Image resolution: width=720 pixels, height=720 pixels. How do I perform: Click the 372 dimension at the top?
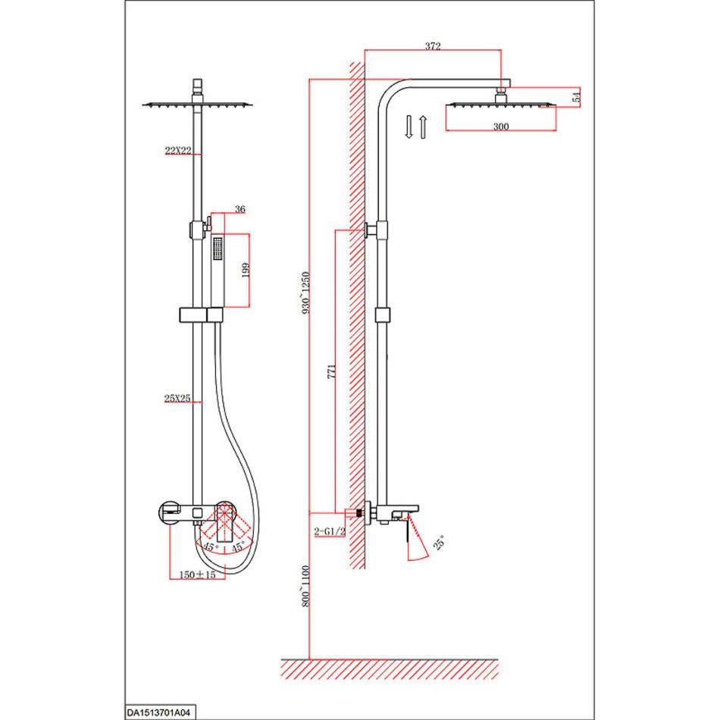[433, 46]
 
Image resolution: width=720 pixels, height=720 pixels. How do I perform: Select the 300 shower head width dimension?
[501, 127]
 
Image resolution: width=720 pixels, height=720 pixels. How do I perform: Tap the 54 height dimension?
[577, 96]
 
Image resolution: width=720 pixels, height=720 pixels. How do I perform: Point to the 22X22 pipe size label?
[178, 150]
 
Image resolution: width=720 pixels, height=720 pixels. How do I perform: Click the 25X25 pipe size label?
[177, 398]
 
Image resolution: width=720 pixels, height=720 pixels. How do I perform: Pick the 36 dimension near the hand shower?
[239, 209]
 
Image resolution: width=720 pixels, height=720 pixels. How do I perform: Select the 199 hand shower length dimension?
[246, 270]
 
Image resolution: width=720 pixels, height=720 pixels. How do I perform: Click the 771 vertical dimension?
[331, 371]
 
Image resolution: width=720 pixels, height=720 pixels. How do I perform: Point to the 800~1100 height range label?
[306, 586]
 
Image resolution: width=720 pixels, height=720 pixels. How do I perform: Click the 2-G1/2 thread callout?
[329, 532]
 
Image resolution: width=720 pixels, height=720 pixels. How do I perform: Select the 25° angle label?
[440, 543]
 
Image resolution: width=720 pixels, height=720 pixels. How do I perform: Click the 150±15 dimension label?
[197, 574]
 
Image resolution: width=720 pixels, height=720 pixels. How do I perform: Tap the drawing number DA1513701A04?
[158, 713]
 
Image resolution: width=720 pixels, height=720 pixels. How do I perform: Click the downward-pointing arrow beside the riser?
[409, 127]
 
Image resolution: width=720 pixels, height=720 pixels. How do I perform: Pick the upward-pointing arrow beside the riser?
[423, 127]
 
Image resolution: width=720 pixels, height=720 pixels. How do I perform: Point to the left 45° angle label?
[211, 546]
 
